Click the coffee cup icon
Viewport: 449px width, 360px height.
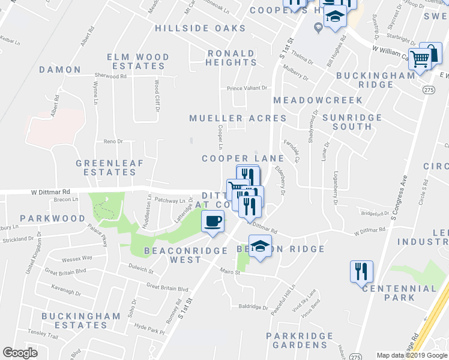click(212, 221)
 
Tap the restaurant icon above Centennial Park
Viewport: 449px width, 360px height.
click(361, 271)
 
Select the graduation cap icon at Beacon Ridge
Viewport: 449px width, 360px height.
click(260, 247)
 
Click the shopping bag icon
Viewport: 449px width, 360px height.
click(430, 53)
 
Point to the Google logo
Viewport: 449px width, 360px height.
click(20, 353)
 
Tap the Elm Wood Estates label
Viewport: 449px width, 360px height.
click(138, 62)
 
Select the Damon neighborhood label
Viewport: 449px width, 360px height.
click(60, 70)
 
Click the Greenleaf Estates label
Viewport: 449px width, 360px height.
click(106, 167)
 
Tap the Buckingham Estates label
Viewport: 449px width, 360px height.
click(66, 320)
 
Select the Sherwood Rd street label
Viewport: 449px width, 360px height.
click(110, 76)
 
